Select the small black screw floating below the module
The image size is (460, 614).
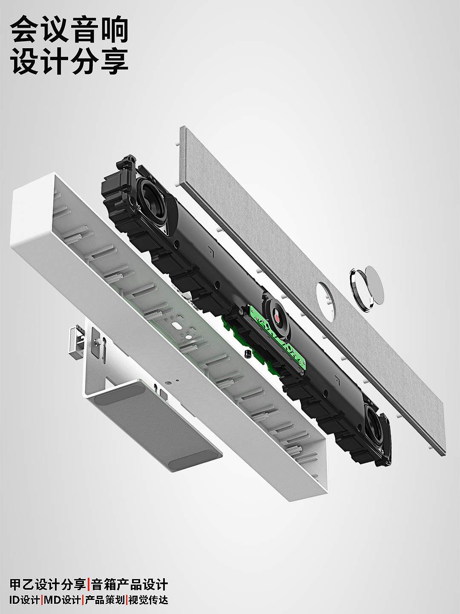[x=247, y=353]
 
